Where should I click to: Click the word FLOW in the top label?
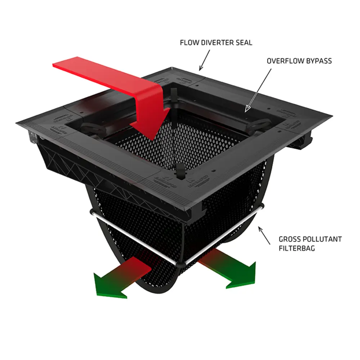click(188, 43)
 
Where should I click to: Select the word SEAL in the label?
click(244, 43)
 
